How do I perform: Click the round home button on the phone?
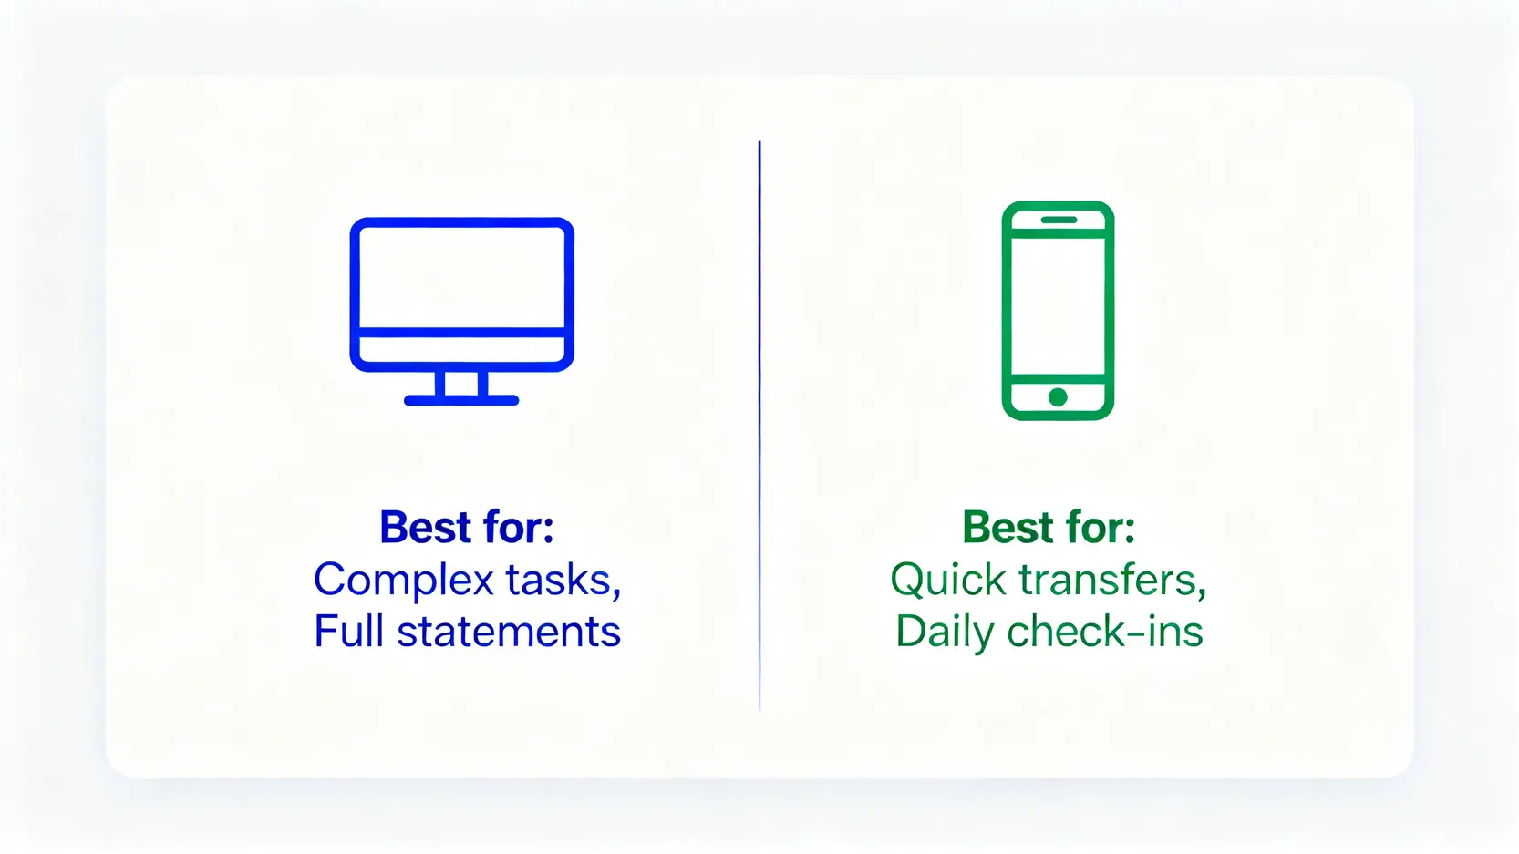pos(1058,397)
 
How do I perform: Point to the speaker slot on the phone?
pos(1059,220)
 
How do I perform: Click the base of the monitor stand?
pos(461,400)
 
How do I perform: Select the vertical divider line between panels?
pos(759,426)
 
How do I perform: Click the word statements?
pos(509,633)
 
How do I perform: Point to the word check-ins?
pos(1105,631)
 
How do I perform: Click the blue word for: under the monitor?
pos(519,527)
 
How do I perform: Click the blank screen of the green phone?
pos(1058,305)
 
